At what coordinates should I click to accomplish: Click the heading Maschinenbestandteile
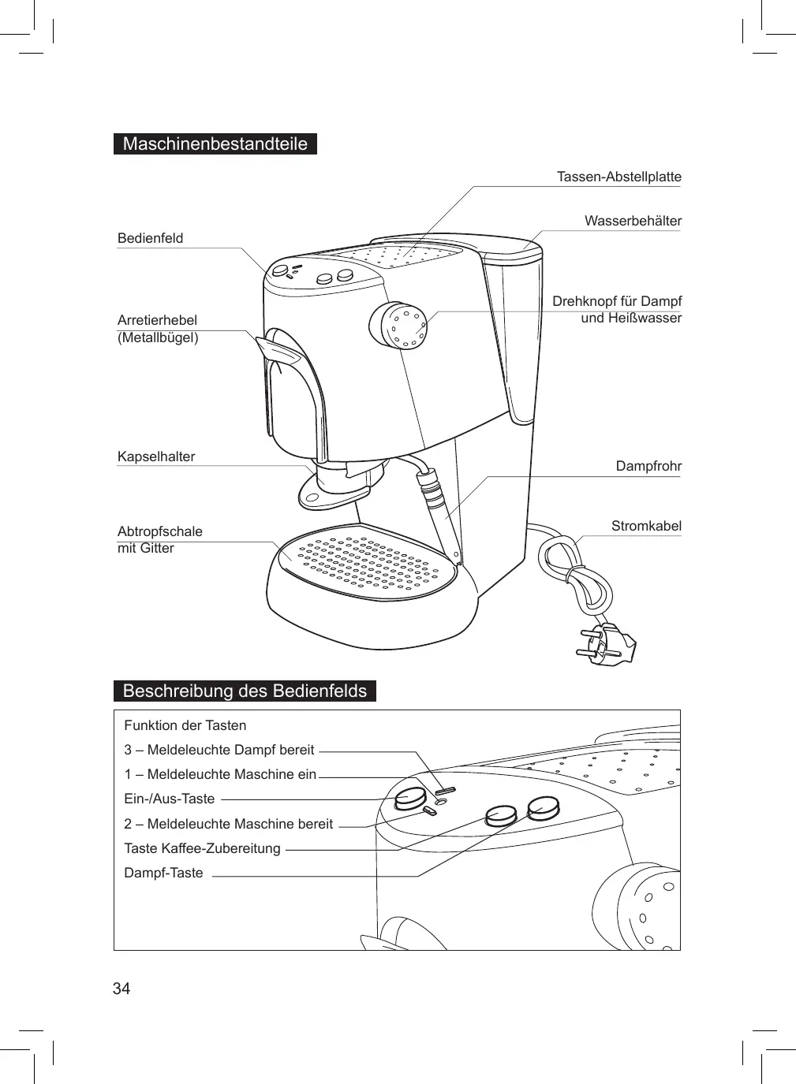point(215,144)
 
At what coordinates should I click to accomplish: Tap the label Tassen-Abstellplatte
point(618,177)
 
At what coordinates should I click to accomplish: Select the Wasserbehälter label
point(633,221)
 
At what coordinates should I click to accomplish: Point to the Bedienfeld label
point(150,238)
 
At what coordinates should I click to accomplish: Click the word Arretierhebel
point(157,320)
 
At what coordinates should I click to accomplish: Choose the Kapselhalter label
point(156,456)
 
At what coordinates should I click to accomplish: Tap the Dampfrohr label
point(648,466)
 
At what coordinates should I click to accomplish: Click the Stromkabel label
point(646,526)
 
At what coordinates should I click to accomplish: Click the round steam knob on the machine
point(398,324)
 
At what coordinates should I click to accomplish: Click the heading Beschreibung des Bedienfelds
point(245,691)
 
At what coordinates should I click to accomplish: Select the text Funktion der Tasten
point(185,725)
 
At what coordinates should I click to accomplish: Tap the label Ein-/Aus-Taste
point(170,799)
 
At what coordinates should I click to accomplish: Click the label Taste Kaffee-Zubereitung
point(202,848)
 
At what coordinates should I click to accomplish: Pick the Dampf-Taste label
point(163,873)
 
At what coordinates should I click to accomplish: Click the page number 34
point(121,989)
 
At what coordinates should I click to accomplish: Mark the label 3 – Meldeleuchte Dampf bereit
point(219,750)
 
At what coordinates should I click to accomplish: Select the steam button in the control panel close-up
point(544,807)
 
